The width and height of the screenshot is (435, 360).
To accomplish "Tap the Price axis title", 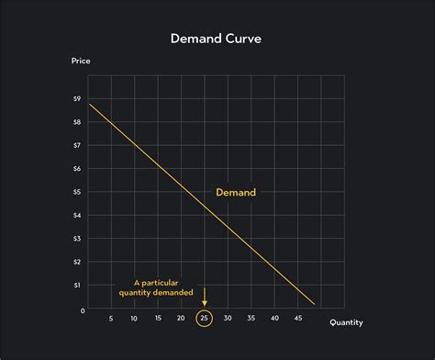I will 82,62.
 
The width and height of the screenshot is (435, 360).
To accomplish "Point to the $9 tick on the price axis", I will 76,98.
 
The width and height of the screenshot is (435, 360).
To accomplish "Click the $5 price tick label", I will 76,192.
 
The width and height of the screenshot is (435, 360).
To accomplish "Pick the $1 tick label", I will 76,286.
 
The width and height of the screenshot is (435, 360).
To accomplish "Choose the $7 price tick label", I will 76,145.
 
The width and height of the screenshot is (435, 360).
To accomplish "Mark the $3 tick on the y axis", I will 76,239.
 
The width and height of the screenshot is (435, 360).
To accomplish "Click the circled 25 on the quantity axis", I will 204,319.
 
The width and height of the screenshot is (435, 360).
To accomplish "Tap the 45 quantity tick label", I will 297,319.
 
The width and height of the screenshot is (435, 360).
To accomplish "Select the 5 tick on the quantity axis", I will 110,319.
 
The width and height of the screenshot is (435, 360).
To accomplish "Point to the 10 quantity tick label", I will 134,319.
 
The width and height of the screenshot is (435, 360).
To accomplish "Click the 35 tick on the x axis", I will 251,319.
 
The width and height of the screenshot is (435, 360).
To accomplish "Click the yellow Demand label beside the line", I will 236,193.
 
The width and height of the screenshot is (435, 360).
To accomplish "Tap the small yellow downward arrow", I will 204,299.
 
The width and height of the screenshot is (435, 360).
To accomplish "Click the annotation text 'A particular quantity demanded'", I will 152,287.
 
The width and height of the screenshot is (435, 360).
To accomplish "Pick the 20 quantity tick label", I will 181,319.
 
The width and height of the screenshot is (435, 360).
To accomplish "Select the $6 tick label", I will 76,168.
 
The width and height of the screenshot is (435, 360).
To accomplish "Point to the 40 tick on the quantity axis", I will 274,319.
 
